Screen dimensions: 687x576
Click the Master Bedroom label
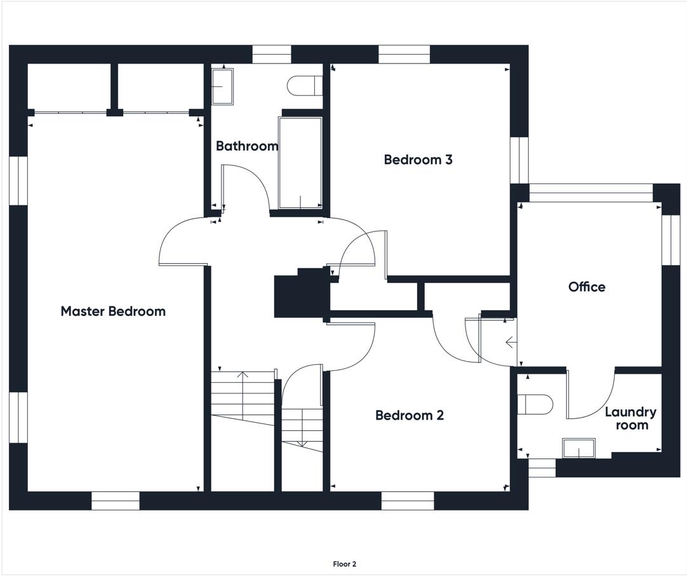(113, 311)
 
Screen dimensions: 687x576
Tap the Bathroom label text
(247, 146)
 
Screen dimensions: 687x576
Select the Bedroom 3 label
(418, 159)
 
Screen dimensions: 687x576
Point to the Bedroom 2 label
(410, 415)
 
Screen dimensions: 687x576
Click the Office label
(587, 287)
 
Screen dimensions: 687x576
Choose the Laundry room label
(631, 418)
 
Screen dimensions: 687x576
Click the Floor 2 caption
(345, 564)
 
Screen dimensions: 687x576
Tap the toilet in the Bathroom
(305, 85)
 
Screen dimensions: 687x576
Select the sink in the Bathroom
(223, 86)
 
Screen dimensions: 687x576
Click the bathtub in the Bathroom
(300, 163)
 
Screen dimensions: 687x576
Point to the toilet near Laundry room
(535, 404)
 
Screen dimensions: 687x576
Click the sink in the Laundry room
(579, 448)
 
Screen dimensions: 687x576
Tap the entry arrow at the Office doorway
(511, 342)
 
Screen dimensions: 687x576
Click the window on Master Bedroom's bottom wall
(116, 500)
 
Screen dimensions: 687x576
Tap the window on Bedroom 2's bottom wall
(408, 500)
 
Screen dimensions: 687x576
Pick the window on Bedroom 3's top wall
(404, 54)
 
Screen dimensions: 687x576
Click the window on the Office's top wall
(591, 193)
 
